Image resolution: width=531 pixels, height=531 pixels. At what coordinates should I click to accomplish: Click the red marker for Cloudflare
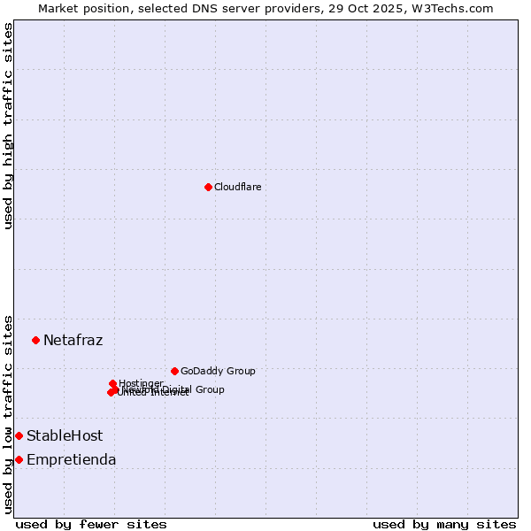(208, 187)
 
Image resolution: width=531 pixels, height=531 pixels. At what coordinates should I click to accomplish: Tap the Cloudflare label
(237, 187)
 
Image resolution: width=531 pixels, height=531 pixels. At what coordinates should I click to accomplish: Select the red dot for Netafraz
(35, 340)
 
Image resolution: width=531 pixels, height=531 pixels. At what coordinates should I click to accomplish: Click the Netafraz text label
(73, 340)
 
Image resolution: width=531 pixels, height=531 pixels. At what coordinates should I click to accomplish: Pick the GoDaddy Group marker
(174, 371)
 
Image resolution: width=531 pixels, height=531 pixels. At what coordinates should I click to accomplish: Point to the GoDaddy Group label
(218, 371)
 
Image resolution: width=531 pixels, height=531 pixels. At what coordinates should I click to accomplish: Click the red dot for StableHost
(19, 435)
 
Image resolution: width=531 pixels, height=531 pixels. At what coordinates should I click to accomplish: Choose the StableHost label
(65, 435)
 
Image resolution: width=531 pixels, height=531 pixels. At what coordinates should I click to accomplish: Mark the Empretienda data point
(19, 459)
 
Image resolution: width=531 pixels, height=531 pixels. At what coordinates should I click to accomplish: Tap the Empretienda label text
(71, 459)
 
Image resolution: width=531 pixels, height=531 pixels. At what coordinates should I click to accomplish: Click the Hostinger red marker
(112, 383)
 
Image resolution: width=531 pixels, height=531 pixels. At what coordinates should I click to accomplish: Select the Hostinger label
(141, 383)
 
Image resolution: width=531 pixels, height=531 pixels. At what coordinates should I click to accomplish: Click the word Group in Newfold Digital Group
(210, 389)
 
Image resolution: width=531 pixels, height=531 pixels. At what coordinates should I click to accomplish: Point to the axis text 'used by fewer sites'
(91, 524)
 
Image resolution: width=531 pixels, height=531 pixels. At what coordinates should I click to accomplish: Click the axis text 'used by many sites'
(444, 524)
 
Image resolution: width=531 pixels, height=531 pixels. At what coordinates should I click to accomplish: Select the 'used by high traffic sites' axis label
(8, 126)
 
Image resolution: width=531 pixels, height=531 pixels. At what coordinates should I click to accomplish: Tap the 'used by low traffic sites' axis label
(8, 413)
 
